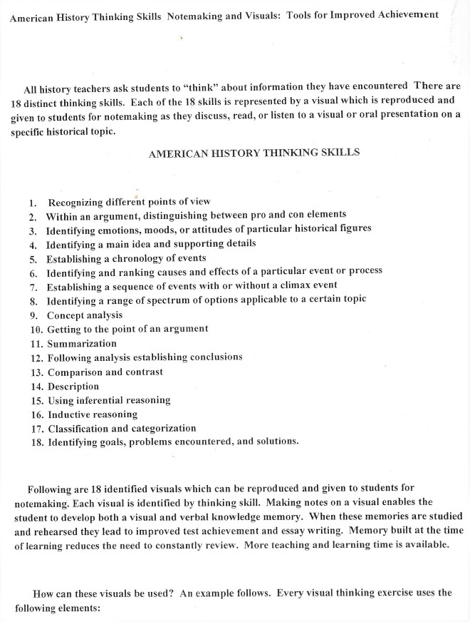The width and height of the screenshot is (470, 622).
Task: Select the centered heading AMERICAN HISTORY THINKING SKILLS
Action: (254, 153)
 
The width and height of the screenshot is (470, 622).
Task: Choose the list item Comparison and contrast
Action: (105, 372)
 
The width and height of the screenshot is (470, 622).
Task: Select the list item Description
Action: (73, 386)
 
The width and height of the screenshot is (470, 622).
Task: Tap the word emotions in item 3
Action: (116, 230)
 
